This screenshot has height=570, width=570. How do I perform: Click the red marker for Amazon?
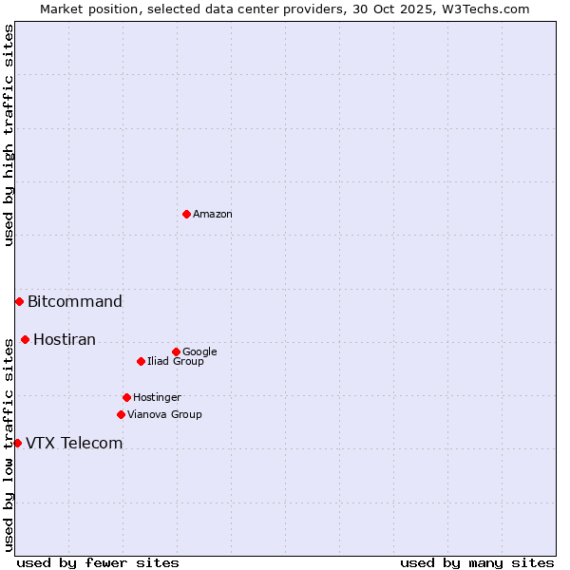coord(186,214)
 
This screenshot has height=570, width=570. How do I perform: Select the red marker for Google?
coord(176,351)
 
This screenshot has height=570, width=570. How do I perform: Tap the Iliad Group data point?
coord(141,361)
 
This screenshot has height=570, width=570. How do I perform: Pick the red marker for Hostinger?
coord(126,397)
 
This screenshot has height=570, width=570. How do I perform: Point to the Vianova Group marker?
coord(121,414)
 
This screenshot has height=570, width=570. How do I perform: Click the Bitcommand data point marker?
coord(19,301)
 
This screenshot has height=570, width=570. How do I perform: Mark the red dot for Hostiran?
coord(25,339)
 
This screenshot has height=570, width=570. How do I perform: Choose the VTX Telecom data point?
coord(17,443)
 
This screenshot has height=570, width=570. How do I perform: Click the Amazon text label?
coord(213,215)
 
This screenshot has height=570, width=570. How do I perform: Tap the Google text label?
coord(199,351)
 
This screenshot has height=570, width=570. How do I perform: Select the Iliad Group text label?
coord(176,361)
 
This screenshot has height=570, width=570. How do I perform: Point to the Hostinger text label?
coord(157,397)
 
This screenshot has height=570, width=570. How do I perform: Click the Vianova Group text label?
coord(164,414)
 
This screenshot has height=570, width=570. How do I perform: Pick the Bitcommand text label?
coord(75,302)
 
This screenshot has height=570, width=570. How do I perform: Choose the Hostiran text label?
coord(65,340)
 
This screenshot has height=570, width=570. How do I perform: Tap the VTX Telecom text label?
coord(74,444)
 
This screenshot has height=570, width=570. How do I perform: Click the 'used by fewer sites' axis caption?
coord(98,562)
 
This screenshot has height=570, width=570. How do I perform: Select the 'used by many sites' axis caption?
coord(477,562)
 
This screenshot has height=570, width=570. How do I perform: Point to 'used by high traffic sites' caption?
coord(9,136)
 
